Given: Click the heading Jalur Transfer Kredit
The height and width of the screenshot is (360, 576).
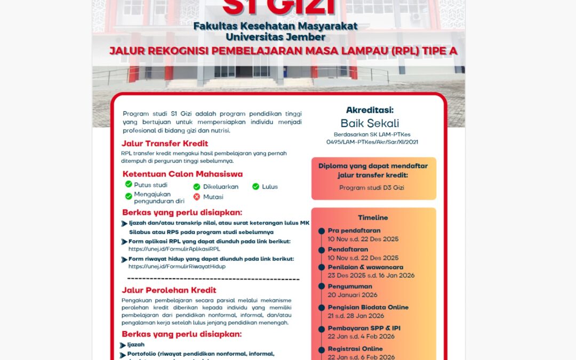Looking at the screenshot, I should click(165, 143).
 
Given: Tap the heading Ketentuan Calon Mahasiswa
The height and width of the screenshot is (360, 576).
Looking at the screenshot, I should click(182, 174).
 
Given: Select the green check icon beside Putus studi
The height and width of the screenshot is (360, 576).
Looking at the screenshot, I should click(129, 184).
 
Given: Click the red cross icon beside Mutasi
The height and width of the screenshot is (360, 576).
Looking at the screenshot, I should click(197, 197).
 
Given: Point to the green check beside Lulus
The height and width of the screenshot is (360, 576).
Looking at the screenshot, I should click(255, 186).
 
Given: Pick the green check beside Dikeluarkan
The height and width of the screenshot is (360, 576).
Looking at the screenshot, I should click(197, 186).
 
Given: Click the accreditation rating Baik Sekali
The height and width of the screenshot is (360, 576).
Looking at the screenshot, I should click(377, 123).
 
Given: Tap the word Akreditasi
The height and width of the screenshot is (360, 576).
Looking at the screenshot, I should click(377, 110).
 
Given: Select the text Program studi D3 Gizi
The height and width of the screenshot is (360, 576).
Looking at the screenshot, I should click(373, 188).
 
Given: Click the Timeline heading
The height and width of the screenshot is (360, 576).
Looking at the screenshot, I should click(373, 218).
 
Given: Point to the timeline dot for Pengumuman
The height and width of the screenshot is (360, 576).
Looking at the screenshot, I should click(322, 286).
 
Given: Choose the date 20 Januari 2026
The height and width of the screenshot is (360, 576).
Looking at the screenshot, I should click(353, 295).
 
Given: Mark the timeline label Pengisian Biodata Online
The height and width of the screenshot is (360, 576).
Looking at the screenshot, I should click(368, 307).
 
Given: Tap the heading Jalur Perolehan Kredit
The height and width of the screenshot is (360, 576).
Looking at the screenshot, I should click(169, 290).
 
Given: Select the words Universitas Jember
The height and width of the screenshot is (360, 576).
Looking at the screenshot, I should click(275, 37).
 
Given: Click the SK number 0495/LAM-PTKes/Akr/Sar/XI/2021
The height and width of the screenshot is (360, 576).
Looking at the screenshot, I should click(373, 142).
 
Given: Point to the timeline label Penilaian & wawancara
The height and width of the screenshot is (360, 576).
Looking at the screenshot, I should click(365, 267).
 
